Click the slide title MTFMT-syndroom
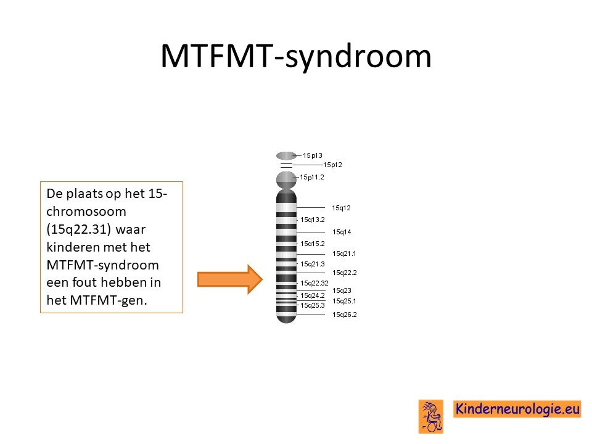point(296,57)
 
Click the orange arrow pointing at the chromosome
point(229,279)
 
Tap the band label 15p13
point(312,155)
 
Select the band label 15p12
point(332,165)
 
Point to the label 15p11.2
point(312,177)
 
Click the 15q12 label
point(341,208)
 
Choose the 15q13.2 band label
point(313,220)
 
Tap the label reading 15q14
point(342,232)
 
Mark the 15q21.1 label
point(344,253)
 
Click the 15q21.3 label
point(313,265)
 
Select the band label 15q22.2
point(344,273)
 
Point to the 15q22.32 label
point(314,283)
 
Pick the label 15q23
point(342,290)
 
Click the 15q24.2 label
point(313,295)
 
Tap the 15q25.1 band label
point(344,302)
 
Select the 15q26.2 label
point(344,314)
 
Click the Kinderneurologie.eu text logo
point(517,409)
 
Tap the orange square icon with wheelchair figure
point(431,416)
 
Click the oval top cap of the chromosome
point(286,155)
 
